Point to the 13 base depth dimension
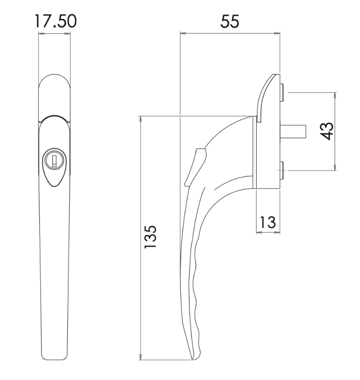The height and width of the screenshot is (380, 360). click(267, 222)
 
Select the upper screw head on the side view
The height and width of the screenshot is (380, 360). click(281, 92)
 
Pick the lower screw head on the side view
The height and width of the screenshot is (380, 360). click(281, 170)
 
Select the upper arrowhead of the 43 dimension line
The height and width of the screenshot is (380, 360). click(335, 95)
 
